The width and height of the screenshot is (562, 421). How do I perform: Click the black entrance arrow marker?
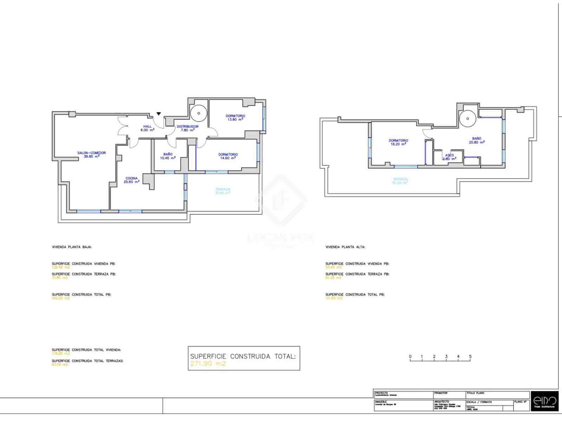pyautogui.click(x=159, y=114)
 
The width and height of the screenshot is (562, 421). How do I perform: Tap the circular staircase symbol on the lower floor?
pyautogui.click(x=199, y=113)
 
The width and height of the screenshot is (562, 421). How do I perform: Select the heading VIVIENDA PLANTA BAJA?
pyautogui.click(x=72, y=247)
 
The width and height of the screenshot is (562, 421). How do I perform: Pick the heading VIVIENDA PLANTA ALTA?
pyautogui.click(x=345, y=247)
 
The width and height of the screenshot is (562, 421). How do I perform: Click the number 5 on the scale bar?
pyautogui.click(x=470, y=356)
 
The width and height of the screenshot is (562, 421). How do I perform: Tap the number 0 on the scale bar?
pyautogui.click(x=410, y=356)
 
